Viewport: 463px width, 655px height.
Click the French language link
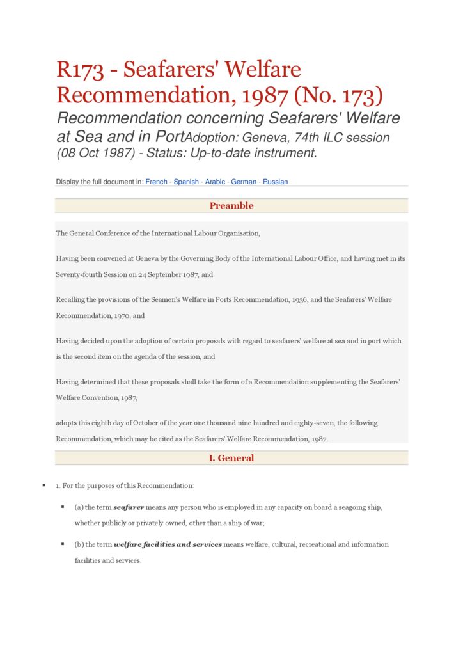(x=156, y=182)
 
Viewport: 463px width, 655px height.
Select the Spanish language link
(x=185, y=182)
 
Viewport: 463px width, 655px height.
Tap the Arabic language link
(x=215, y=182)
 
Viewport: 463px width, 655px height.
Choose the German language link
(x=244, y=182)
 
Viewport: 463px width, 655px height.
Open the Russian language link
(x=276, y=182)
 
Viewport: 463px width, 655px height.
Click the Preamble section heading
(x=231, y=205)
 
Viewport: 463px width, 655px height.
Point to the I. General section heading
(x=231, y=458)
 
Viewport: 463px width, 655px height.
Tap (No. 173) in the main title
(x=338, y=95)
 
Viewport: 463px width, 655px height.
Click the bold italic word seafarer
(x=129, y=507)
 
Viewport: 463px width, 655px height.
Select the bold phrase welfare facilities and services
(x=168, y=545)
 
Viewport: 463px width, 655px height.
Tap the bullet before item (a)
(x=63, y=507)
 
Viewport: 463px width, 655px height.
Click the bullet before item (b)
(x=63, y=544)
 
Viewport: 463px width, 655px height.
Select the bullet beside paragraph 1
(x=43, y=485)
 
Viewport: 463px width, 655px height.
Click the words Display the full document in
(x=99, y=182)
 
